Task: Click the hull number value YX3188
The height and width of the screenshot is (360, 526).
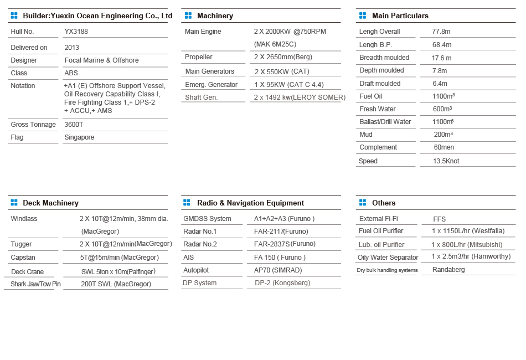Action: click(x=76, y=32)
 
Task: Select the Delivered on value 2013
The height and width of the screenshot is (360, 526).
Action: click(x=72, y=48)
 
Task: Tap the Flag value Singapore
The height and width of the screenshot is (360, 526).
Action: click(x=79, y=137)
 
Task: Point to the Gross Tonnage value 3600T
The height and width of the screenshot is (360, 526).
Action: click(x=74, y=125)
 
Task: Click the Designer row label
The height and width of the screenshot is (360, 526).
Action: click(x=24, y=60)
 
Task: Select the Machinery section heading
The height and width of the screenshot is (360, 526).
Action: click(x=215, y=16)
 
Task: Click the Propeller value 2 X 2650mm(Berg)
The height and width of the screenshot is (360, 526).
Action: click(x=282, y=57)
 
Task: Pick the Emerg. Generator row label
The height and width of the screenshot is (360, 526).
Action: click(x=211, y=85)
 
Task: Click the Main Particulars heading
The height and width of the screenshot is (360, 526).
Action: click(x=400, y=16)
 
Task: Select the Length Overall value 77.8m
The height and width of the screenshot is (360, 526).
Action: click(x=441, y=32)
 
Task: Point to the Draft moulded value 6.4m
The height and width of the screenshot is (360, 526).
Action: click(x=440, y=84)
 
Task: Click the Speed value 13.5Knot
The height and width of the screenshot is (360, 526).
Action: click(x=446, y=161)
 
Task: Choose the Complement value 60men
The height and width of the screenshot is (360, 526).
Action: click(x=444, y=147)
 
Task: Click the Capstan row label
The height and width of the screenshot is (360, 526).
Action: click(x=23, y=258)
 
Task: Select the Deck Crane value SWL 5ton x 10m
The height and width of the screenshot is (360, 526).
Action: click(x=118, y=271)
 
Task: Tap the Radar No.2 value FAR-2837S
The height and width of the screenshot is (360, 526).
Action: click(x=285, y=244)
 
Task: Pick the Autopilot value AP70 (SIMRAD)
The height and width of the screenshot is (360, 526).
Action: click(x=277, y=270)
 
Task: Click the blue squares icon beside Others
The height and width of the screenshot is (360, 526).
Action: click(x=363, y=203)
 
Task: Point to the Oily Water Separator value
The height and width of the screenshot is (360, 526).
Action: click(x=471, y=256)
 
